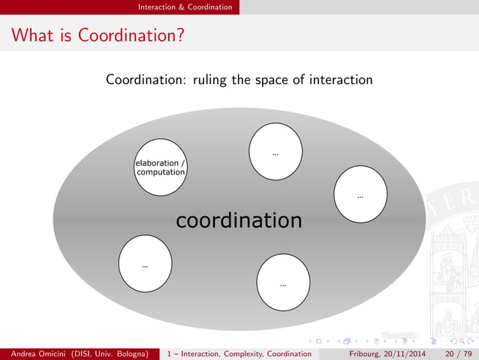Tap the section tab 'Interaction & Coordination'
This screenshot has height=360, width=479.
185,7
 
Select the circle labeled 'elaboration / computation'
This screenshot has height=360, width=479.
160,168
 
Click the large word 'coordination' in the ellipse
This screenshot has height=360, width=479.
239,220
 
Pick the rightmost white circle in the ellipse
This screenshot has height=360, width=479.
360,195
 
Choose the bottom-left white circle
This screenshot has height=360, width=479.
145,264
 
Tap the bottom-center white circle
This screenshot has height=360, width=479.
282,283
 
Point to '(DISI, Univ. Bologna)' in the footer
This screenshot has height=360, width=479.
115,352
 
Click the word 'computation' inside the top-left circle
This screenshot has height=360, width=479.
160,172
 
